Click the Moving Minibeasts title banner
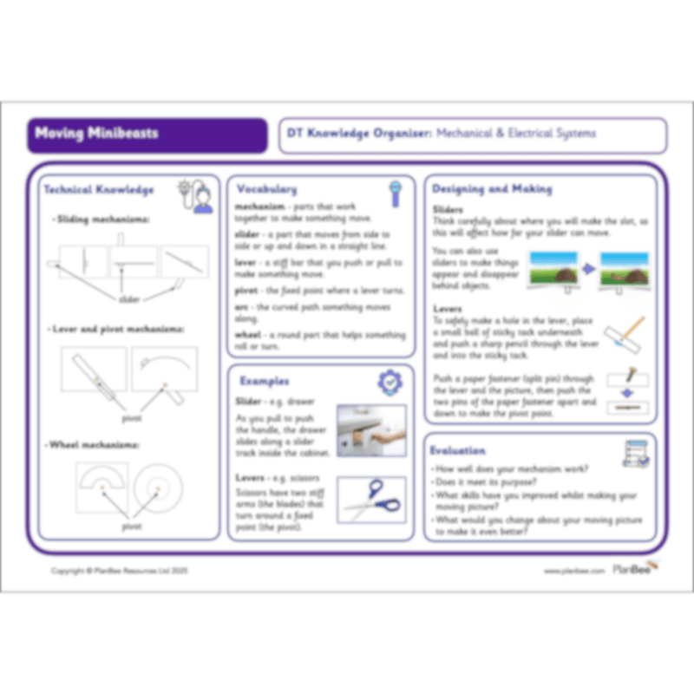147,134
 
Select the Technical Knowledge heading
99,189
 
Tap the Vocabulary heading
266,188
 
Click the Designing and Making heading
492,188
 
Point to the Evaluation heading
458,450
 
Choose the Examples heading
265,381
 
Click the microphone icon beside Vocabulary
395,192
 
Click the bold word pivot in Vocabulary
248,290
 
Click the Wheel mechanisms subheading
95,445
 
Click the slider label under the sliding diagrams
129,299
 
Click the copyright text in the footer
119,571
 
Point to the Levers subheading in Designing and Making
447,308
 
